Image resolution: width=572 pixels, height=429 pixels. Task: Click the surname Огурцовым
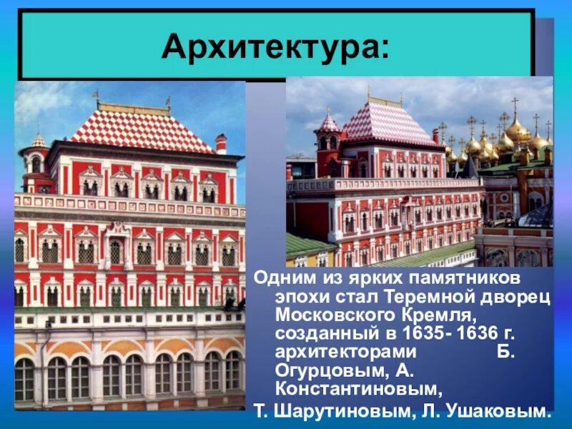[327, 371]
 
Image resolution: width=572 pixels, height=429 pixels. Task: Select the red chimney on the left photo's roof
[221, 143]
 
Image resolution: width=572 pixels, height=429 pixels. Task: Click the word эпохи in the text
[300, 297]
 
